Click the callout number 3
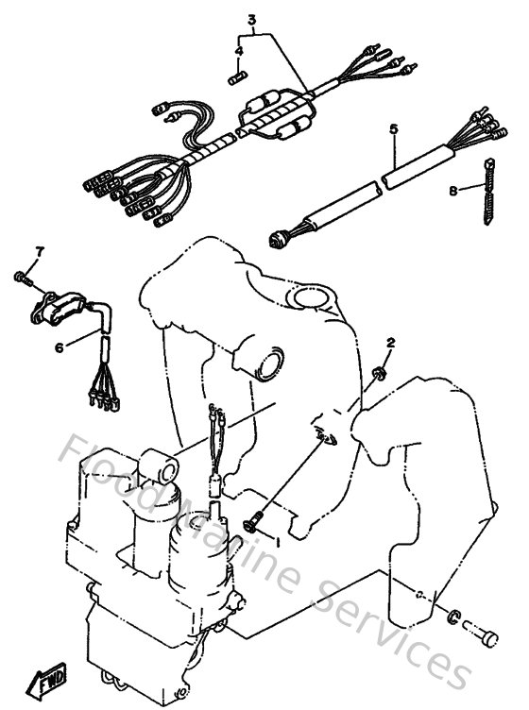pyautogui.click(x=252, y=19)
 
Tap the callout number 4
pyautogui.click(x=239, y=50)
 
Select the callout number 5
pyautogui.click(x=394, y=128)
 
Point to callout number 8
pyautogui.click(x=452, y=191)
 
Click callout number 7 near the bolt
pyautogui.click(x=40, y=250)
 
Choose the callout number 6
pyautogui.click(x=59, y=347)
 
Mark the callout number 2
pyautogui.click(x=390, y=342)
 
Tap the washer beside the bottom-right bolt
pyautogui.click(x=454, y=617)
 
